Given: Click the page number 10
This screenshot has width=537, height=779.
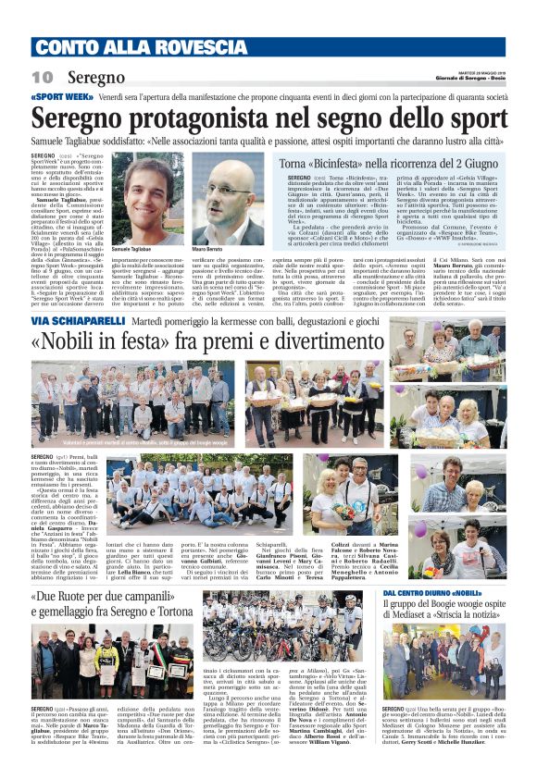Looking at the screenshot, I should pyautogui.click(x=42, y=78).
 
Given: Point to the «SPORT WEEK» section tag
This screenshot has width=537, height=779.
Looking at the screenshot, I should pyautogui.click(x=59, y=96).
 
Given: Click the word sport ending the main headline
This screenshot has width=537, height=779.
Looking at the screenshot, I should pyautogui.click(x=482, y=118).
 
